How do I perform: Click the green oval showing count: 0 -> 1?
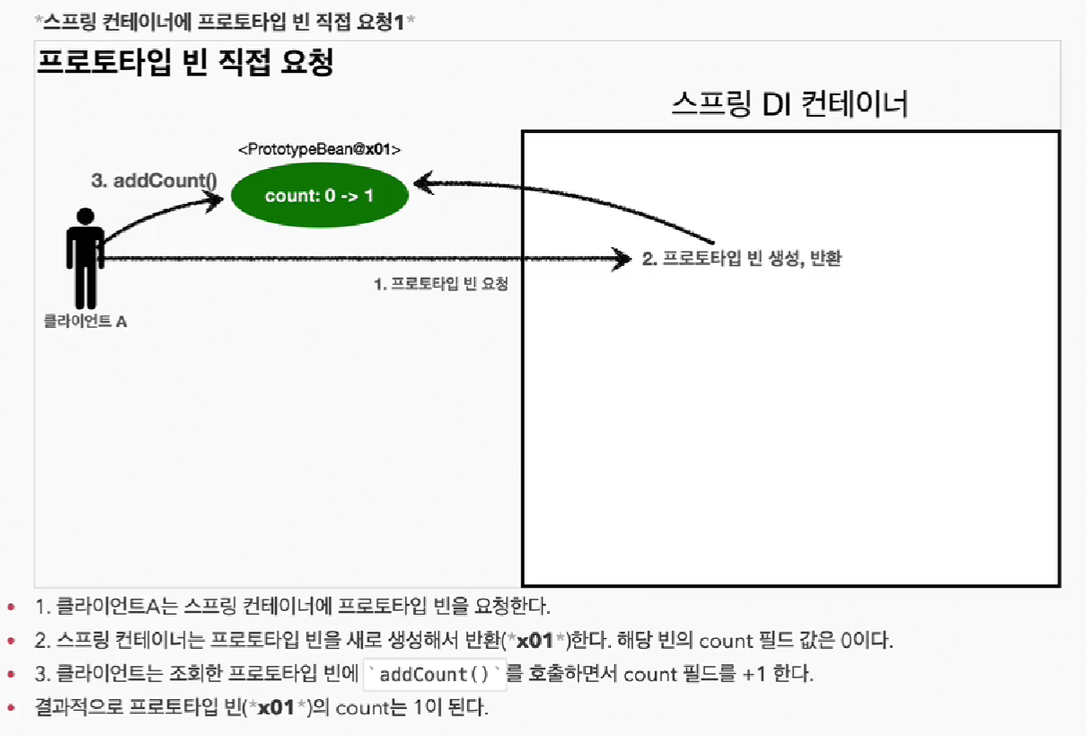pyautogui.click(x=319, y=195)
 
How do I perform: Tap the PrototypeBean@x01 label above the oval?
pyautogui.click(x=319, y=149)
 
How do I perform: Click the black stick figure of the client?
pyautogui.click(x=85, y=261)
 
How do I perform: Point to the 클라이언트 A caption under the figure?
pyautogui.click(x=85, y=321)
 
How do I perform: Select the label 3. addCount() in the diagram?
pyautogui.click(x=155, y=180)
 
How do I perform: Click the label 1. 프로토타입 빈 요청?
pyautogui.click(x=440, y=284)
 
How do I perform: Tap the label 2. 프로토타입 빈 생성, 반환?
pyautogui.click(x=742, y=260)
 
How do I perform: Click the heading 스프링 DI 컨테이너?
pyautogui.click(x=790, y=104)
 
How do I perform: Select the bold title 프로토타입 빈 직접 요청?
pyautogui.click(x=185, y=63)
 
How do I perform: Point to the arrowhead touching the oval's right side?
pyautogui.click(x=421, y=183)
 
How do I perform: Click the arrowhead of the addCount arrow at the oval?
pyautogui.click(x=215, y=200)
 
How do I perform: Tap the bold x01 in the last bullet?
pyautogui.click(x=277, y=707)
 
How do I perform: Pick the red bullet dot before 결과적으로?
pyautogui.click(x=11, y=708)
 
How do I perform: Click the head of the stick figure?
pyautogui.click(x=85, y=217)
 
